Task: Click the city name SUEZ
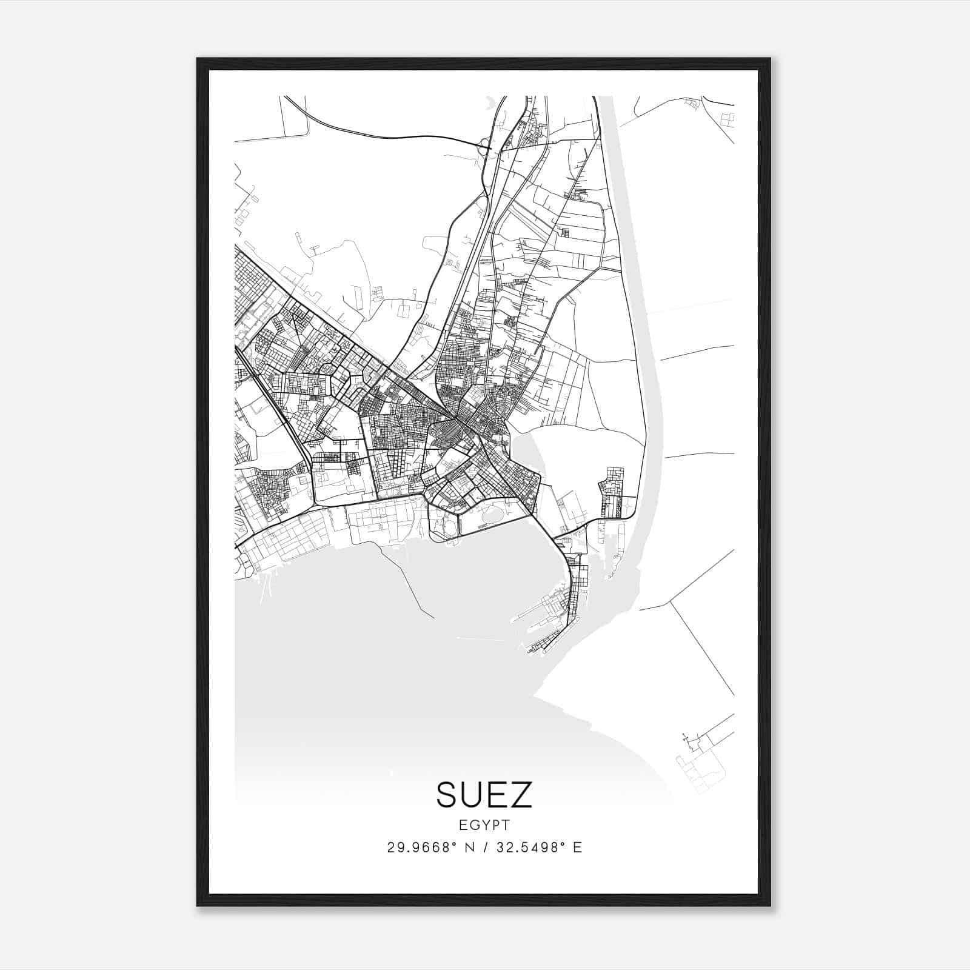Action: click(x=484, y=795)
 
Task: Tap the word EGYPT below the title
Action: click(x=484, y=824)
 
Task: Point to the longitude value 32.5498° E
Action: click(x=539, y=848)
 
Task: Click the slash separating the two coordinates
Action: click(x=484, y=848)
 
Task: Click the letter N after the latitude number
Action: click(x=469, y=848)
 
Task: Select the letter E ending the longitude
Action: click(x=577, y=848)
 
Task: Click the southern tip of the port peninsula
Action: click(x=533, y=651)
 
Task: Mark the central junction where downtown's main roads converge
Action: click(x=456, y=418)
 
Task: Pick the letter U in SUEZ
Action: click(x=472, y=795)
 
